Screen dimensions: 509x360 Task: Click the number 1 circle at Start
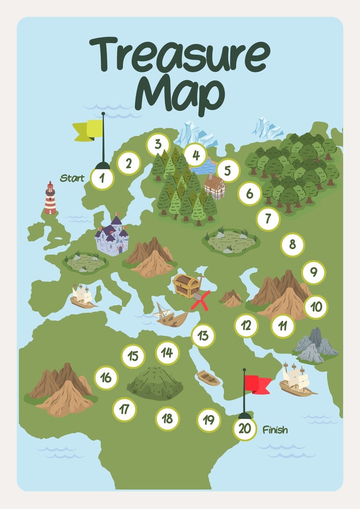[x=102, y=179]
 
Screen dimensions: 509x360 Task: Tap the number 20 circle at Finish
[x=244, y=428]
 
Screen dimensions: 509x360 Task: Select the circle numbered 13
[x=203, y=336]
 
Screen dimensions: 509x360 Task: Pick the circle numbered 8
[x=292, y=245]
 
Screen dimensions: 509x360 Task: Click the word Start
[x=72, y=178]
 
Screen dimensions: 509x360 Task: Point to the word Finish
[x=275, y=430]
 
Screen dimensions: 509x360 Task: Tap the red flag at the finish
[x=257, y=383]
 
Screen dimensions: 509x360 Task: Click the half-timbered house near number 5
[x=214, y=186]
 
